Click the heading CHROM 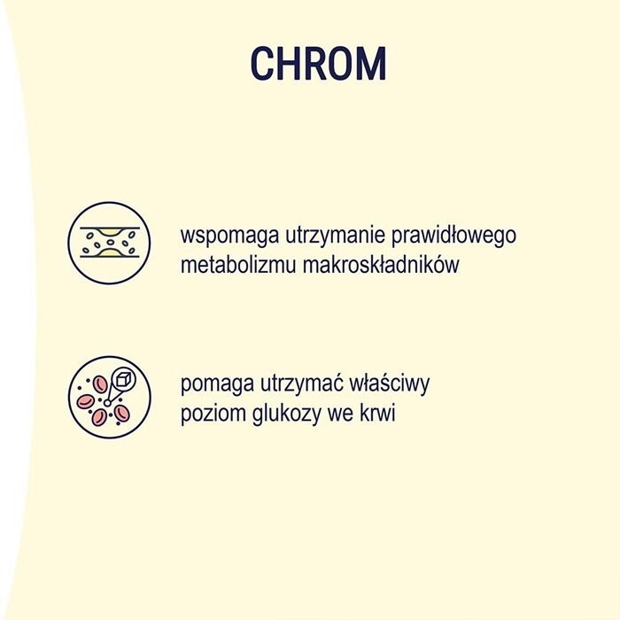pyautogui.click(x=318, y=64)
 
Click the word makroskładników pyautogui.click(x=387, y=265)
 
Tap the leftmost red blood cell pyautogui.click(x=86, y=400)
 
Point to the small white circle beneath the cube pyautogui.click(x=107, y=403)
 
